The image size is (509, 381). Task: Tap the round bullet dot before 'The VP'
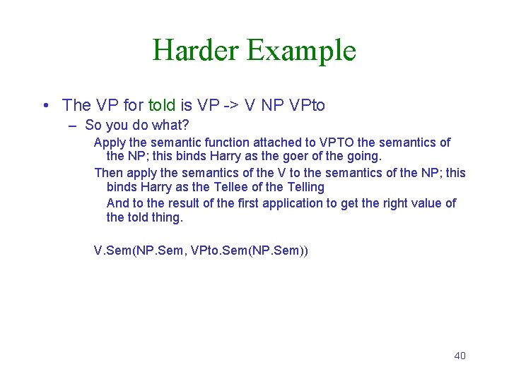click(45, 106)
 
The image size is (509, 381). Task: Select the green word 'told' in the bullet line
click(162, 106)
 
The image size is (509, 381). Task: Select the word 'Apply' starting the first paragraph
click(110, 143)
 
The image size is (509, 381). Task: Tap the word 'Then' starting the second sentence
click(109, 173)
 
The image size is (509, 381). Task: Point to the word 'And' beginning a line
click(118, 203)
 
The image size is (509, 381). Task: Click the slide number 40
click(460, 356)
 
